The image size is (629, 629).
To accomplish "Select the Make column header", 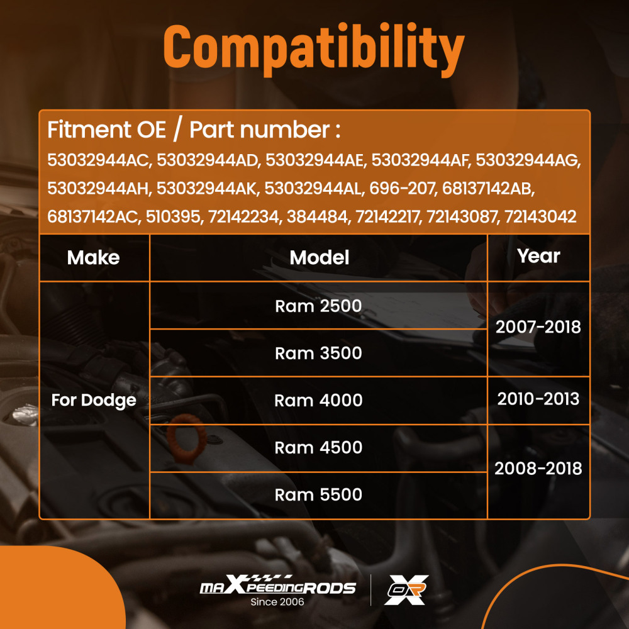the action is (x=94, y=257).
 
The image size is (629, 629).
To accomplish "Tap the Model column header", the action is (x=320, y=257).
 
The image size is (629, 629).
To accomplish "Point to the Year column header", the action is (x=538, y=256).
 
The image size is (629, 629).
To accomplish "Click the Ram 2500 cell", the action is (x=318, y=306).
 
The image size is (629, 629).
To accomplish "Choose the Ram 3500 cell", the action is (x=318, y=353).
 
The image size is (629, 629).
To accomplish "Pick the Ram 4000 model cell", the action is (x=318, y=400).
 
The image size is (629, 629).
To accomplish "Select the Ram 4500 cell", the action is (x=318, y=447).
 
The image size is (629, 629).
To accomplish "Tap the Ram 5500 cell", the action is (x=318, y=494).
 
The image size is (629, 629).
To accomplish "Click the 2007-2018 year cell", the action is (x=538, y=327).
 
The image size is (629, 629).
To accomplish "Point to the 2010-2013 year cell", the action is (x=538, y=399).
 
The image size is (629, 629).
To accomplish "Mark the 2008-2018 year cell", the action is (x=538, y=468).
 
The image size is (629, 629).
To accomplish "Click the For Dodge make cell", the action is (x=94, y=400).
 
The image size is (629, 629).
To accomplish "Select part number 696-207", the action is (x=401, y=189).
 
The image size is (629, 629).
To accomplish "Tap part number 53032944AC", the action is (x=99, y=160).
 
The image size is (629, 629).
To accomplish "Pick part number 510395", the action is (x=172, y=217).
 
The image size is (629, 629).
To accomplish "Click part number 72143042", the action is (x=540, y=217).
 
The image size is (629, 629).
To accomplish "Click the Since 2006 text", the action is (x=277, y=602).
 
